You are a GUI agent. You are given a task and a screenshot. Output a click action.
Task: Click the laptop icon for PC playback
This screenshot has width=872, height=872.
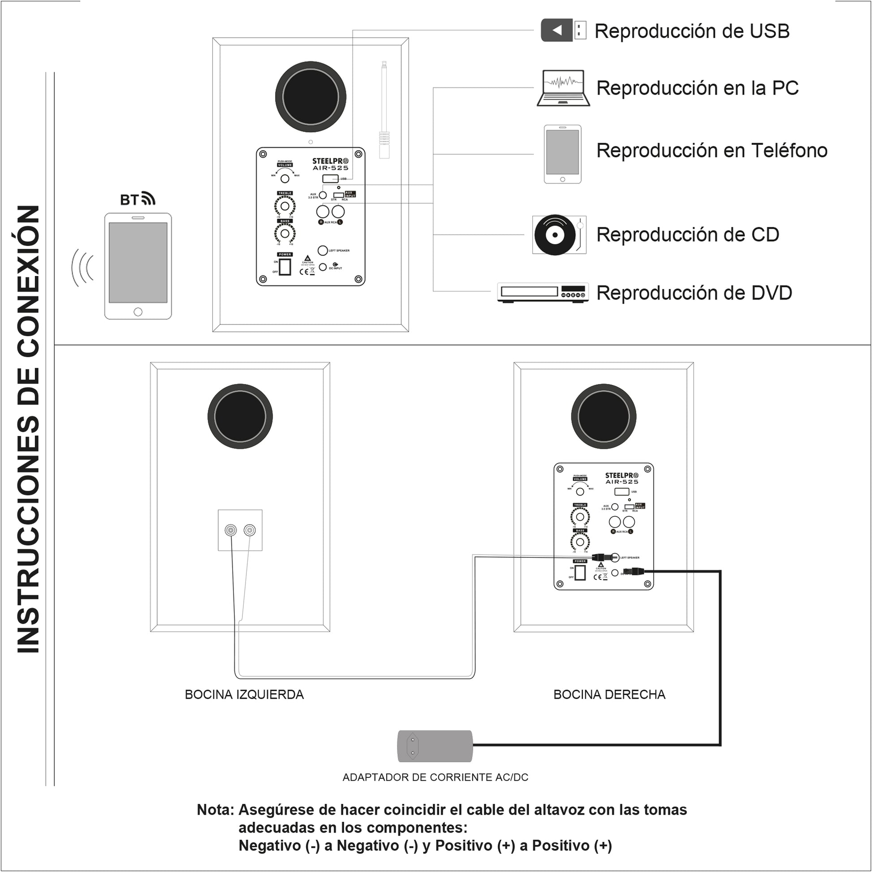(563, 88)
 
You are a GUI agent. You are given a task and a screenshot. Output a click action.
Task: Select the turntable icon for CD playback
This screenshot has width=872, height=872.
(559, 235)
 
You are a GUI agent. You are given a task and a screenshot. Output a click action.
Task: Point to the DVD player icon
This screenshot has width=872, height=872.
(543, 293)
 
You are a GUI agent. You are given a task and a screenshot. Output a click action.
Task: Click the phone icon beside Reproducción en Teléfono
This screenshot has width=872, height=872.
(562, 154)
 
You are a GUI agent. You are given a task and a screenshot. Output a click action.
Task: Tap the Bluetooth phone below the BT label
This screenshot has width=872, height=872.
(138, 266)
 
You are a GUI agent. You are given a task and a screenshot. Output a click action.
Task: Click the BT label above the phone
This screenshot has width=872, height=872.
(137, 199)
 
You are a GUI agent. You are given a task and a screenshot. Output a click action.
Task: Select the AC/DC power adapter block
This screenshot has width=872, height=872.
(435, 746)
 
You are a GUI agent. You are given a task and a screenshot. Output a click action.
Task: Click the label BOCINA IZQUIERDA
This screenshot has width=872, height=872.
(244, 694)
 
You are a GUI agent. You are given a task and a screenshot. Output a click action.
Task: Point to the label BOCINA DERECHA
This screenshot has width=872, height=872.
(609, 694)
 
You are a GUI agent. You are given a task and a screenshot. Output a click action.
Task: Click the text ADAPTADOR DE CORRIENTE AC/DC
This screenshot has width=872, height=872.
(435, 777)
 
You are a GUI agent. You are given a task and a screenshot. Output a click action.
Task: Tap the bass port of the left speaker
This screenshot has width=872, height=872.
(240, 416)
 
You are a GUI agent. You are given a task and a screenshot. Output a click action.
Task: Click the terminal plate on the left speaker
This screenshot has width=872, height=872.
(240, 530)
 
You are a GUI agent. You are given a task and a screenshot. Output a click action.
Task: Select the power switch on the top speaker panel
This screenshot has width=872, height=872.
(285, 267)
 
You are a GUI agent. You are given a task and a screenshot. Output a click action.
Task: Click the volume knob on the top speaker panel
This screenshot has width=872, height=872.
(285, 179)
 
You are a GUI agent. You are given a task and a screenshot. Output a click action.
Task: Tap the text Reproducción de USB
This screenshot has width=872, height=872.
(691, 31)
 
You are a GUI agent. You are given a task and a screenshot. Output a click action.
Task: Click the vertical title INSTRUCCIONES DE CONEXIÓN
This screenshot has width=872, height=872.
(28, 429)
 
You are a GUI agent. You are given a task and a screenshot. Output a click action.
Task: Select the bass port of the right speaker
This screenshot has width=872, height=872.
(604, 416)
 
